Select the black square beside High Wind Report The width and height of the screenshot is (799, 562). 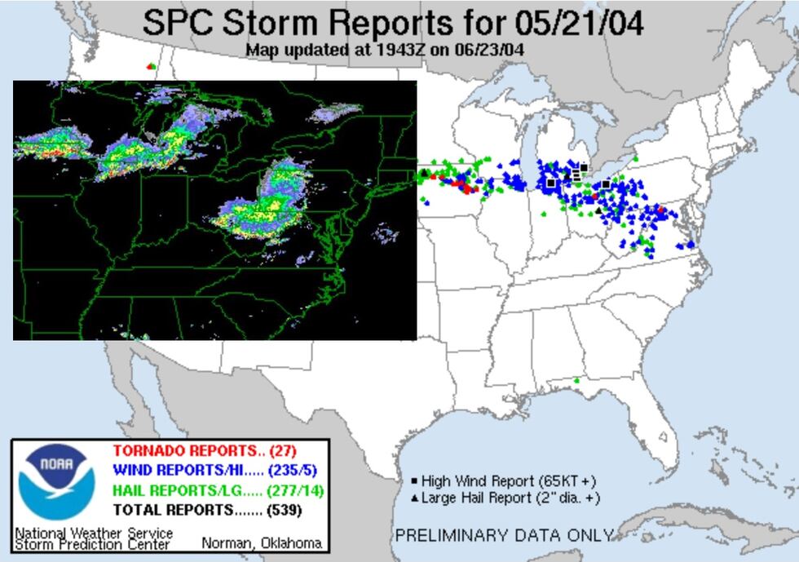[x=414, y=481]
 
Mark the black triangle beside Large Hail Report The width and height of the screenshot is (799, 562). [x=414, y=498]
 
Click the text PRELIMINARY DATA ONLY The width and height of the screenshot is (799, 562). [x=503, y=536]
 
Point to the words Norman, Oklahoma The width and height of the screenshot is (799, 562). [x=261, y=543]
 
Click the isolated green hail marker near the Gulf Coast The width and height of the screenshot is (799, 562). [x=577, y=380]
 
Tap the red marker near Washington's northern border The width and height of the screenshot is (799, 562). [x=148, y=66]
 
